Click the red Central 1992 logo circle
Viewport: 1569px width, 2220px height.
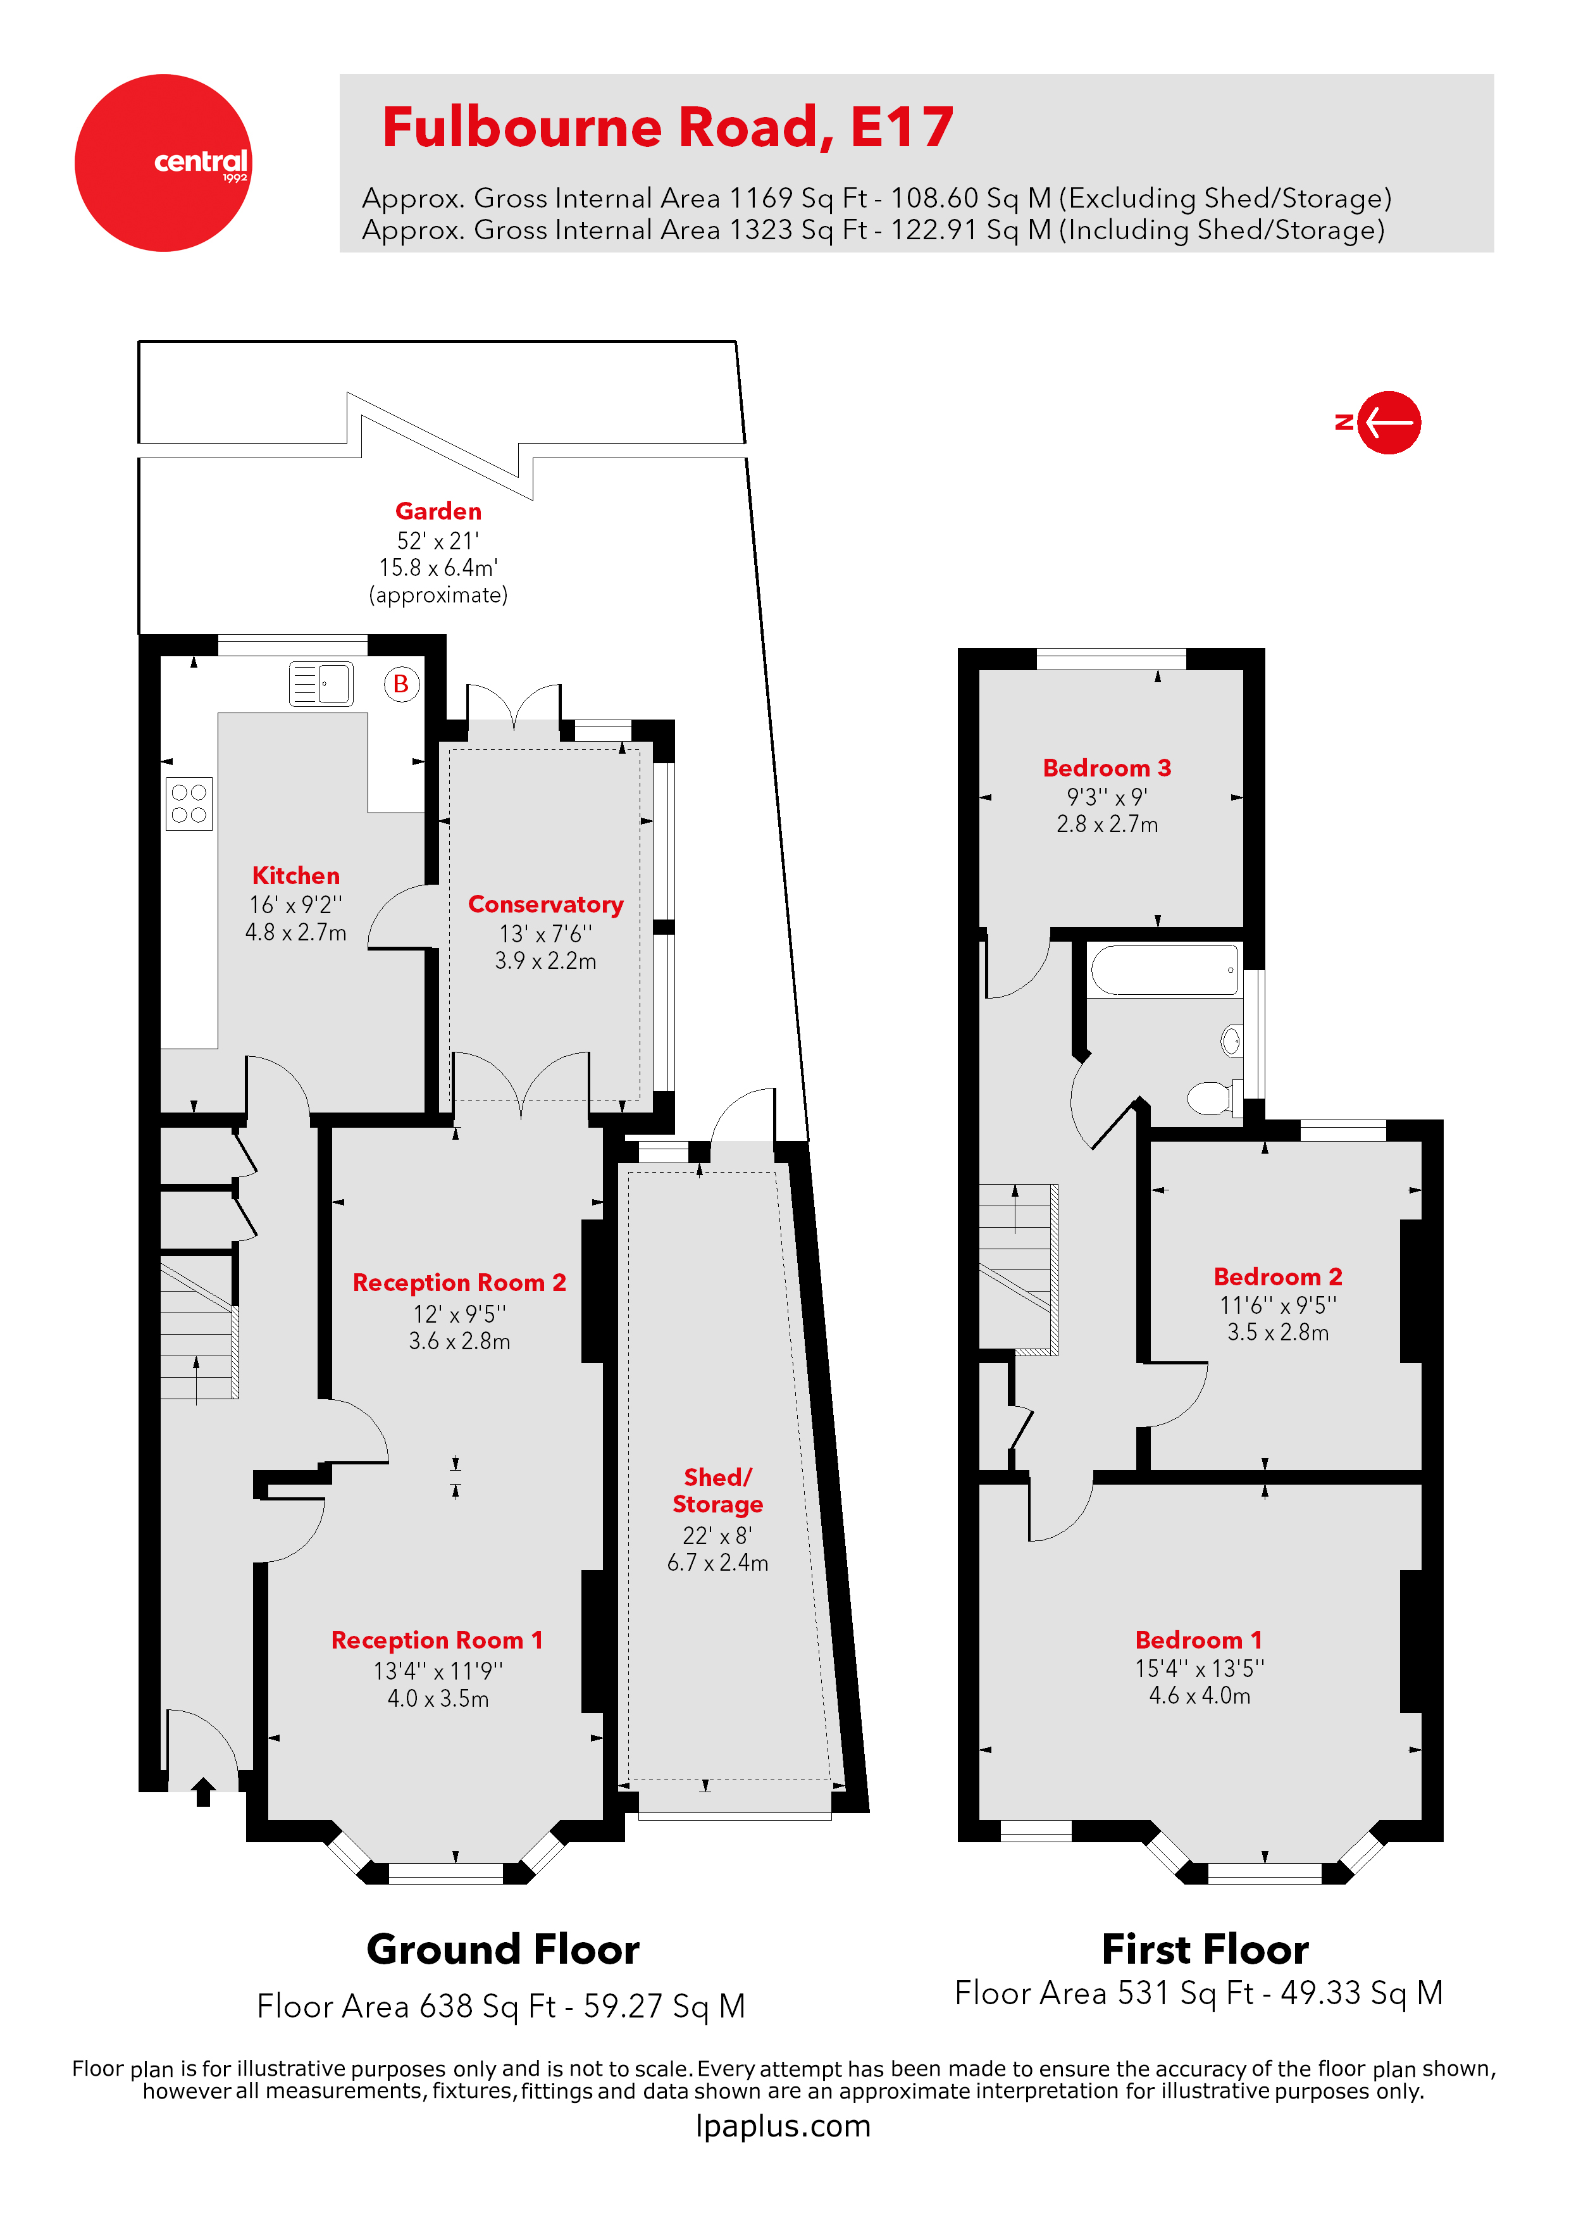[163, 163]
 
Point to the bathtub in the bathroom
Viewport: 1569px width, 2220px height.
[1164, 970]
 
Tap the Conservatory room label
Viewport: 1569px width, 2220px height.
[545, 904]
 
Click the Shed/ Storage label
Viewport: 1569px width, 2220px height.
[717, 1490]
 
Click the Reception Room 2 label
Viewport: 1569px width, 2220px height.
[459, 1282]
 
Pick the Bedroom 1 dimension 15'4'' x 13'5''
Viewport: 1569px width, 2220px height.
[1199, 1668]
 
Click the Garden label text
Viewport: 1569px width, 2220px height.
[438, 511]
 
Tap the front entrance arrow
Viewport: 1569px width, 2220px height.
[203, 1792]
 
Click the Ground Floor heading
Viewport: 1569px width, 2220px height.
[503, 1949]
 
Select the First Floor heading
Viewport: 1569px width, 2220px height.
[1205, 1949]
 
